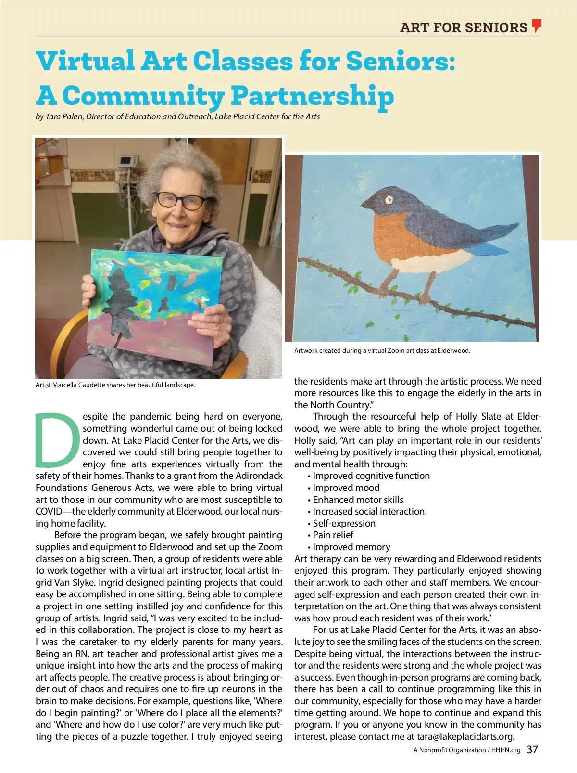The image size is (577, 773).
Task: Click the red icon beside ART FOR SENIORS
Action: tap(537, 26)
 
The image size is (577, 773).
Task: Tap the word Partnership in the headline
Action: tap(312, 96)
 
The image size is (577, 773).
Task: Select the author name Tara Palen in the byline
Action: tap(63, 116)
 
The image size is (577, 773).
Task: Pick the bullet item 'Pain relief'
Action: tap(333, 535)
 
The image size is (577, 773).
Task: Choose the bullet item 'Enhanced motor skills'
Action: tap(358, 500)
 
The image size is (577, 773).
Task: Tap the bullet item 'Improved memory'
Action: tap(351, 547)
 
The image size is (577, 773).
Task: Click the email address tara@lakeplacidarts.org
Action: tap(465, 736)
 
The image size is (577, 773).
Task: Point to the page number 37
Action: tap(532, 749)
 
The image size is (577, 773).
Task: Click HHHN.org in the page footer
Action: tap(506, 750)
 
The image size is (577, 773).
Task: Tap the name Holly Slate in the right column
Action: tap(479, 416)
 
